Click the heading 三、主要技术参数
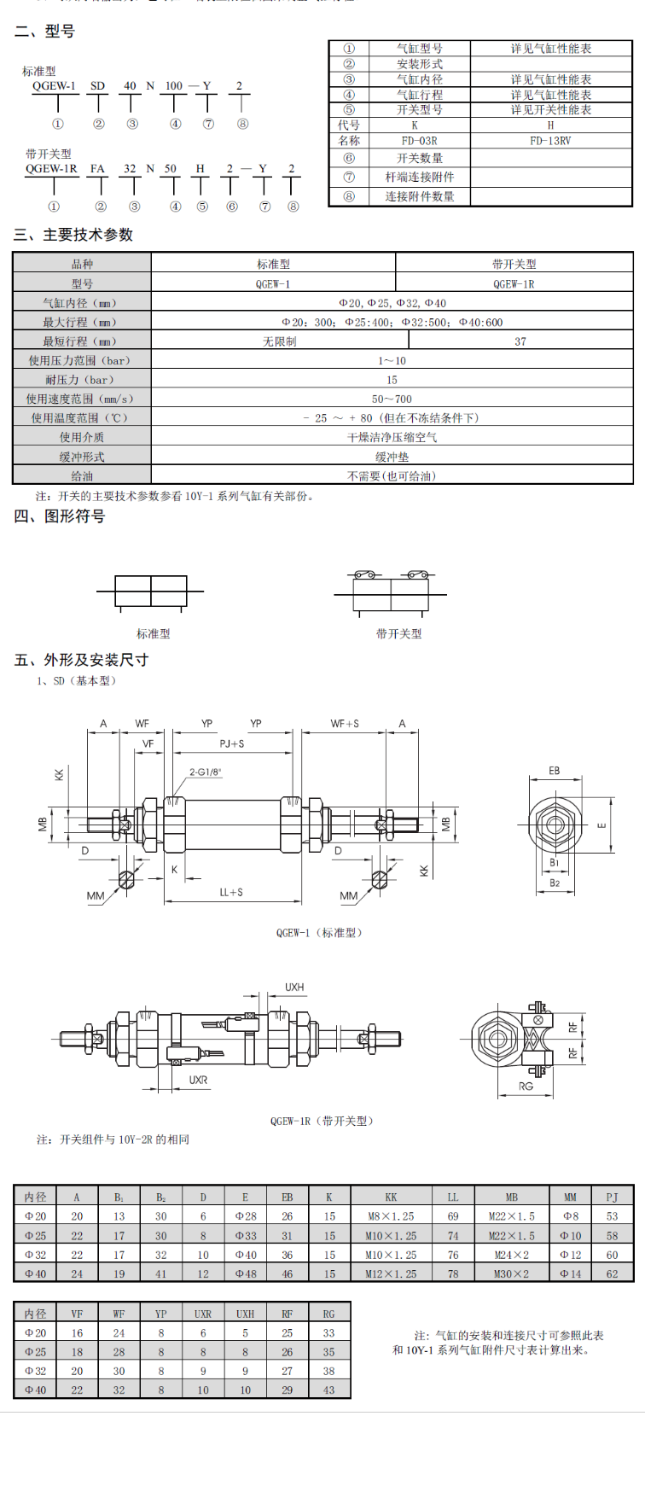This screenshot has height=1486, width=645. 73,235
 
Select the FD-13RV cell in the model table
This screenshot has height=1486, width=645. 550,141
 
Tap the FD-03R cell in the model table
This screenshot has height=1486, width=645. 419,141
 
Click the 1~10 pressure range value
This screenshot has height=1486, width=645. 392,361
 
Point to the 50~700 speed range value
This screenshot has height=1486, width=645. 392,399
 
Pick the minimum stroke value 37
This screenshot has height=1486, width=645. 520,341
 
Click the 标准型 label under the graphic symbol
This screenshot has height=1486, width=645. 154,633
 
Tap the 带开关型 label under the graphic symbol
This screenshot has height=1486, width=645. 398,633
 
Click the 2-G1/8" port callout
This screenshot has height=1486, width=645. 206,772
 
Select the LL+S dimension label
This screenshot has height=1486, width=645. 231,892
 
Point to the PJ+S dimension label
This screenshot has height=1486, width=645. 232,743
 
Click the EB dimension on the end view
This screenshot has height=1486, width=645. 555,771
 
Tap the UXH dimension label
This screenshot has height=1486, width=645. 294,987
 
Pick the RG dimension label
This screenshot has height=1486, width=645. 526,1087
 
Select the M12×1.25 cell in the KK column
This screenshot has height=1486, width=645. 391,1273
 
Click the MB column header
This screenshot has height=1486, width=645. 511,1197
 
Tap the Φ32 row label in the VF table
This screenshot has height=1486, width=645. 36,1371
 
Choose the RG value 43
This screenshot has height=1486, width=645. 328,1390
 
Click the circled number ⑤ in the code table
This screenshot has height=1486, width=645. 349,110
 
